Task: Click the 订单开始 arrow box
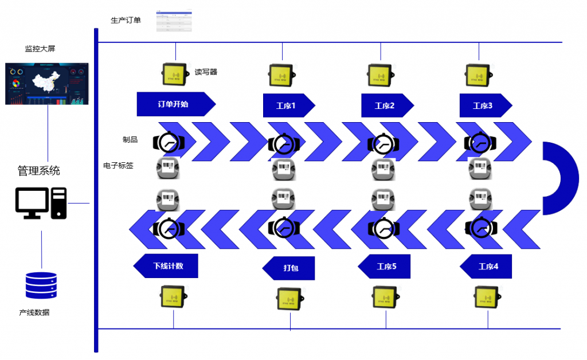(174, 104)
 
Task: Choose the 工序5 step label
(385, 267)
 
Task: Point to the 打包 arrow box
(289, 268)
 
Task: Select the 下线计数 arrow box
(167, 266)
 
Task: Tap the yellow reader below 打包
(289, 298)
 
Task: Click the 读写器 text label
(206, 72)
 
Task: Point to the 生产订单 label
(126, 21)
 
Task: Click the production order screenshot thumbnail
(174, 21)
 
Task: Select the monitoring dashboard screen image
(48, 84)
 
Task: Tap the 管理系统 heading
(38, 171)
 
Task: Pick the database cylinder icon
(41, 285)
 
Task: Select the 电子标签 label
(118, 166)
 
